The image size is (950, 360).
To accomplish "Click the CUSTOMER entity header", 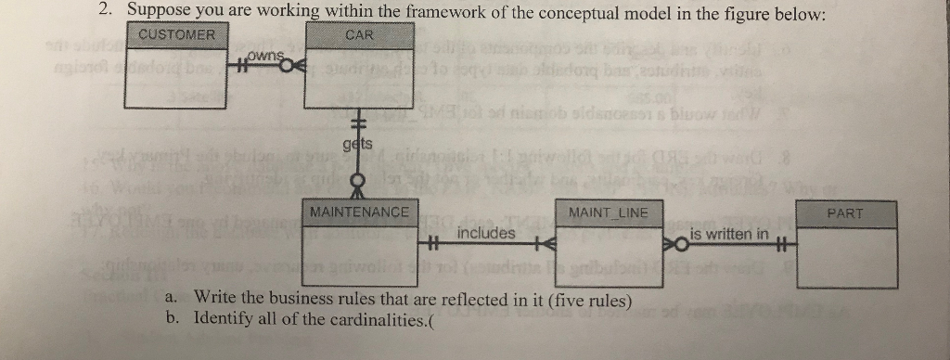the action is pyautogui.click(x=176, y=35).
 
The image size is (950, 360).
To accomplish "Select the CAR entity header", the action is pyautogui.click(x=359, y=35).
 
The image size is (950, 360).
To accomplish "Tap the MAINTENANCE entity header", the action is pyautogui.click(x=359, y=212).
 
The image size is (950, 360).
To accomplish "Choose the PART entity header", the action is pyautogui.click(x=844, y=213).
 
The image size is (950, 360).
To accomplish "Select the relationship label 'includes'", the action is pyautogui.click(x=486, y=233).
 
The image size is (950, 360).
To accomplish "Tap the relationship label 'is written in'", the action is pyautogui.click(x=729, y=234).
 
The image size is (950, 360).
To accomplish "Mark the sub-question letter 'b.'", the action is pyautogui.click(x=171, y=317).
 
